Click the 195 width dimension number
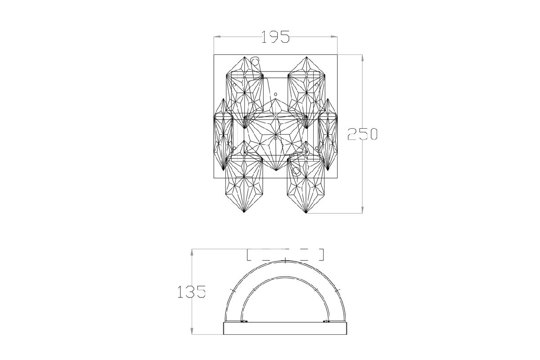pyautogui.click(x=275, y=37)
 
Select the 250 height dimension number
pyautogui.click(x=362, y=134)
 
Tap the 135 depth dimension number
pyautogui.click(x=192, y=292)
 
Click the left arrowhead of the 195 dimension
pyautogui.click(x=217, y=37)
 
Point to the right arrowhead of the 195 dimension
pyautogui.click(x=334, y=37)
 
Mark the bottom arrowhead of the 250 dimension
pyautogui.click(x=362, y=210)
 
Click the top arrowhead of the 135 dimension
pyautogui.click(x=192, y=252)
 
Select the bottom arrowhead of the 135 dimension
pyautogui.click(x=192, y=331)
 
